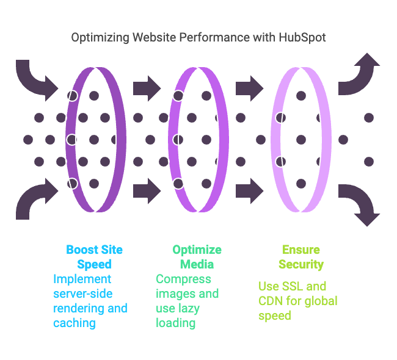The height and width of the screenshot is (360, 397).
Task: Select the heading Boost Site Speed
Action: pos(94,257)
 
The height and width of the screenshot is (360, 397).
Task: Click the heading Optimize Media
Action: pos(197,257)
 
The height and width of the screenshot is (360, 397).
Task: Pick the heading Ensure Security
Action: pos(301,257)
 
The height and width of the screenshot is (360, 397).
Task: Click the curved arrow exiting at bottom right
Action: pos(361,204)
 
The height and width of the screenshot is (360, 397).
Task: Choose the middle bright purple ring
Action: pos(171,140)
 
